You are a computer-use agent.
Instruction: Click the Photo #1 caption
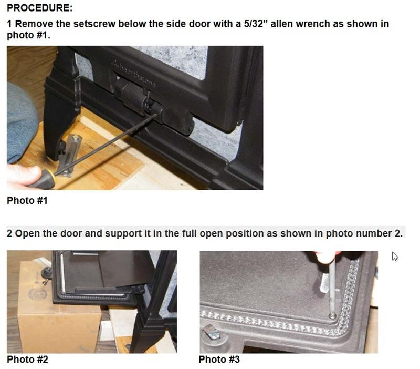click(x=27, y=200)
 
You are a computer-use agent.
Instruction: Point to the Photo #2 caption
click(x=27, y=360)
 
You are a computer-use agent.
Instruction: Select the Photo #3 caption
click(x=219, y=360)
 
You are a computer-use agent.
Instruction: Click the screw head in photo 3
click(x=332, y=315)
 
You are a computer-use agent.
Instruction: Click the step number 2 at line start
click(x=9, y=233)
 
